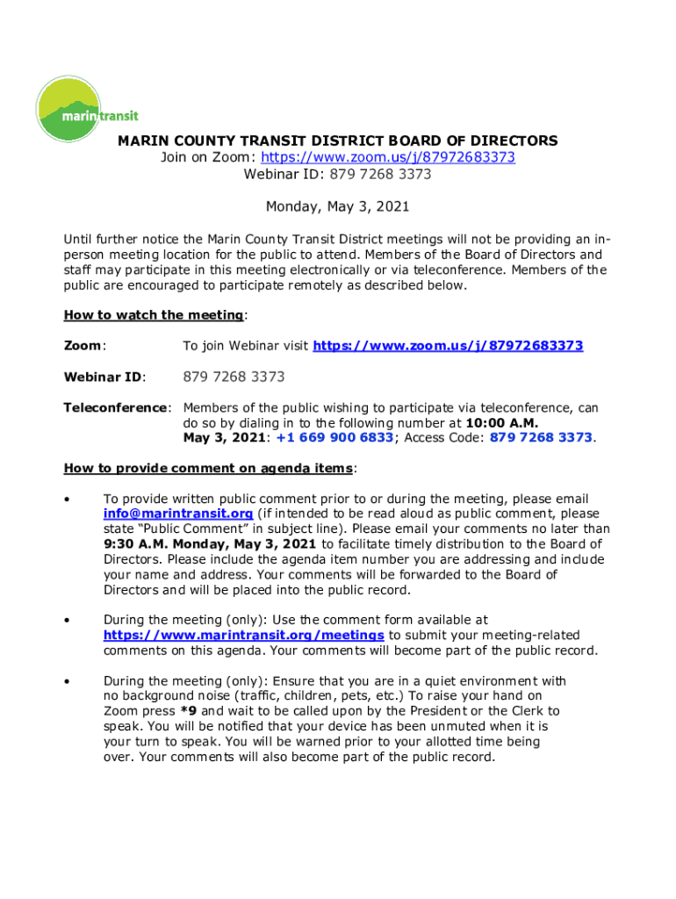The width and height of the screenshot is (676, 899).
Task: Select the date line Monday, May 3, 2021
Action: (x=338, y=207)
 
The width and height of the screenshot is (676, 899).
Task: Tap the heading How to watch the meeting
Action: (x=154, y=315)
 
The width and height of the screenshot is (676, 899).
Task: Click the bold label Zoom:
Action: (x=84, y=346)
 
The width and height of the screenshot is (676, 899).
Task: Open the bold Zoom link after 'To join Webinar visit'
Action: (x=448, y=346)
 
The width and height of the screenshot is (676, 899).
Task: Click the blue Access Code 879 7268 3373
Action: (x=541, y=437)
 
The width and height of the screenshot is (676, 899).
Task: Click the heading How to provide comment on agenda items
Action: (x=209, y=467)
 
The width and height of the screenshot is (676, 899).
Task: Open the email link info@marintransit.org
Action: (x=178, y=514)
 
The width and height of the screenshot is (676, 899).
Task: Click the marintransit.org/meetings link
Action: (x=243, y=635)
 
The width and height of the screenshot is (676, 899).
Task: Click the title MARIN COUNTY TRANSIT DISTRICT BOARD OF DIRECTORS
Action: (x=338, y=140)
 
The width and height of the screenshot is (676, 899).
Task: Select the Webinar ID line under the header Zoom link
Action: (x=338, y=174)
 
